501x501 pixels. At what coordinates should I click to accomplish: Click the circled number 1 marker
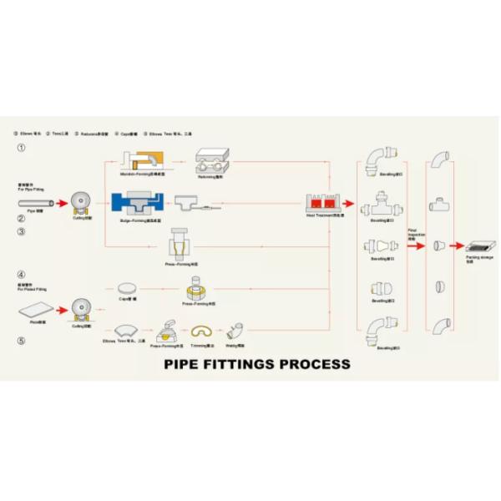(21, 148)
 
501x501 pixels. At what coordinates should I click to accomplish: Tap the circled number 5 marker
(21, 340)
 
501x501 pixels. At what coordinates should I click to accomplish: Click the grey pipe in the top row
(40, 202)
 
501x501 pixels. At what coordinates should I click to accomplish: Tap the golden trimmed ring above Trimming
(202, 330)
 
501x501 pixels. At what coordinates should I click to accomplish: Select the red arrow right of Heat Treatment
(352, 203)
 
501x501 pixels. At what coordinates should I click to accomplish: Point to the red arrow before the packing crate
(455, 246)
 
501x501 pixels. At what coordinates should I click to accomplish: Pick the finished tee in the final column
(440, 204)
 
